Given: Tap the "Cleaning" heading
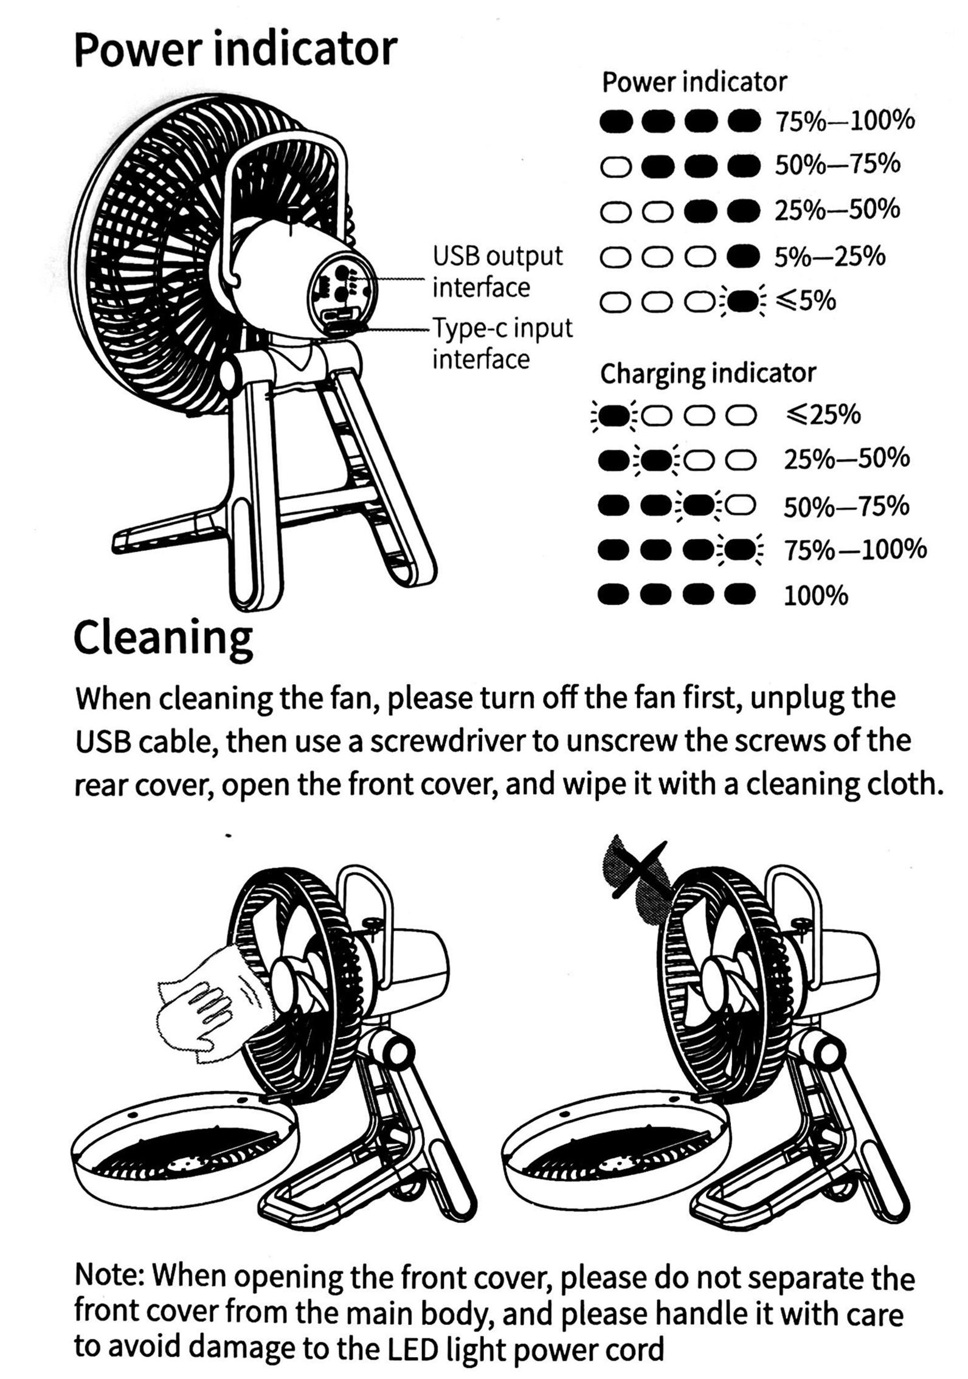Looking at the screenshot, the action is tap(163, 638).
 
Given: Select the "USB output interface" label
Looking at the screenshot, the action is tap(497, 272).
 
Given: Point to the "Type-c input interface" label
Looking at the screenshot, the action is tap(502, 344).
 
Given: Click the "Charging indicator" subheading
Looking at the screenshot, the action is tap(708, 374).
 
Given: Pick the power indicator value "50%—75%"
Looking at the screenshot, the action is tap(837, 164).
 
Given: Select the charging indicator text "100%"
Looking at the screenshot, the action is tap(815, 596).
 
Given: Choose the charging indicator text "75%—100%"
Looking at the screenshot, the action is tap(855, 549).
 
